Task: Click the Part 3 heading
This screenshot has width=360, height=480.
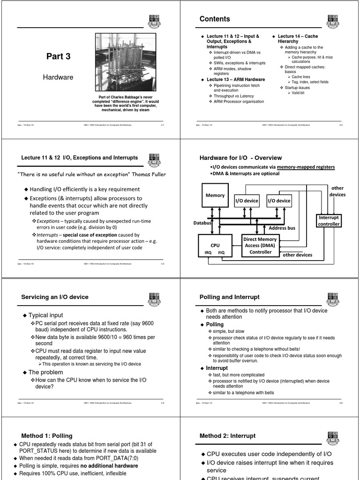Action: [x=58, y=56]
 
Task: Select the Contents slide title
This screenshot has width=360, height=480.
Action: [x=215, y=19]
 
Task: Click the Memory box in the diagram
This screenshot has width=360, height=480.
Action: [x=215, y=195]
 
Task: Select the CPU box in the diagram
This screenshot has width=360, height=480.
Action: [x=215, y=246]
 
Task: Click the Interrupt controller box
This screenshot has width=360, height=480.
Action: [x=329, y=221]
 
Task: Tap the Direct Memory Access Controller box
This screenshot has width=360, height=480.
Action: [x=260, y=245]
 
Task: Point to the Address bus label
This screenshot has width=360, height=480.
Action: [x=282, y=228]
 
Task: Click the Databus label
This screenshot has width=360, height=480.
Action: [x=202, y=223]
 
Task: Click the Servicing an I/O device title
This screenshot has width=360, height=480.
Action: [x=55, y=297]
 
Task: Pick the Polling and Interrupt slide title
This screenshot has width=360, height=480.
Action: [x=229, y=297]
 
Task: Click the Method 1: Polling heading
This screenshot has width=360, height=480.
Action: [x=47, y=436]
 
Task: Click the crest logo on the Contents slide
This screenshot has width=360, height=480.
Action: [x=333, y=21]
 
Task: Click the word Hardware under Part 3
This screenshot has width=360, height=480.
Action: [x=58, y=77]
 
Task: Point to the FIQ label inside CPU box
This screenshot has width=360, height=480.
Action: [x=222, y=252]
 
